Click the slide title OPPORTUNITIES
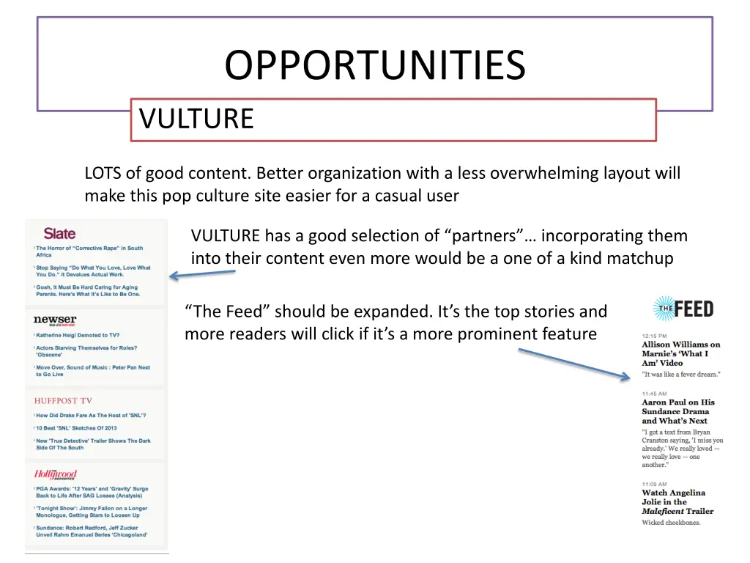click(x=374, y=66)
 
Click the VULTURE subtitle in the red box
click(x=196, y=119)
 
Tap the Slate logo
click(x=59, y=234)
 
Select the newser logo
click(x=55, y=320)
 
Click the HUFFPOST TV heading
click(x=64, y=401)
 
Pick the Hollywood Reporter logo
click(x=56, y=474)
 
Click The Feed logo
click(x=683, y=309)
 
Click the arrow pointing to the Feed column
click(x=574, y=364)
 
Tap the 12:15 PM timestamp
click(x=655, y=336)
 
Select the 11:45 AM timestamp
click(x=655, y=394)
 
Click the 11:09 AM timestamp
click(x=655, y=484)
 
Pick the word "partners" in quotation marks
click(x=483, y=236)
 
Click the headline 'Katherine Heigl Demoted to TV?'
click(x=78, y=335)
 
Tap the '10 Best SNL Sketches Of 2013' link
click(x=76, y=428)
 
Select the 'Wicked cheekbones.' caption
click(x=671, y=523)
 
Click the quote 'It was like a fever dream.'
click(x=681, y=374)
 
